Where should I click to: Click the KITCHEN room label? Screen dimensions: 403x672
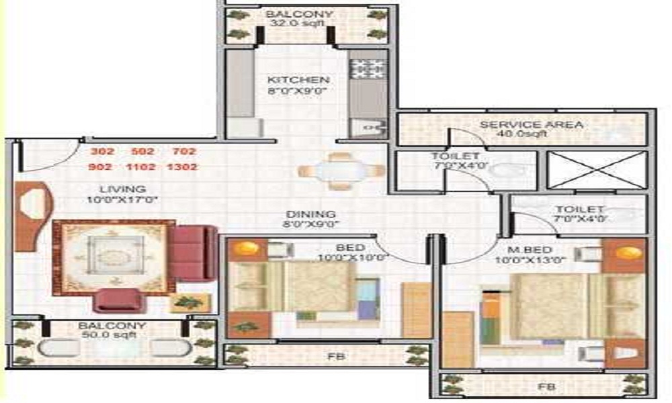(x=289, y=80)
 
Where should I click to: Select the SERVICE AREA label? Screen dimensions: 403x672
(x=531, y=125)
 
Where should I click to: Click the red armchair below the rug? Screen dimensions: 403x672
(x=119, y=300)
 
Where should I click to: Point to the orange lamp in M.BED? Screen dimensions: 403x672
(x=630, y=253)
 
